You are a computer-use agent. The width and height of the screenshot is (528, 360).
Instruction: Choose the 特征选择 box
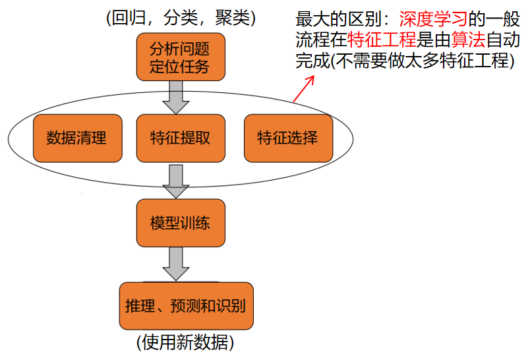[x=288, y=138]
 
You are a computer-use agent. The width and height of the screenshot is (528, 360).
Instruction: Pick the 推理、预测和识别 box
[x=185, y=305]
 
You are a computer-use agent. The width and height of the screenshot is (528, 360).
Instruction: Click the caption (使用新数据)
[x=185, y=343]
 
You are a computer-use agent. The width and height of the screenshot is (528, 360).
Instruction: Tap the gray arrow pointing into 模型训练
[x=176, y=181]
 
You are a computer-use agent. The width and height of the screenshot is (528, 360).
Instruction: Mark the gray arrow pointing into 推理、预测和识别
[x=176, y=264]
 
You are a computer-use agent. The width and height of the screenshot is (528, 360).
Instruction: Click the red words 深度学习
[x=428, y=20]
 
